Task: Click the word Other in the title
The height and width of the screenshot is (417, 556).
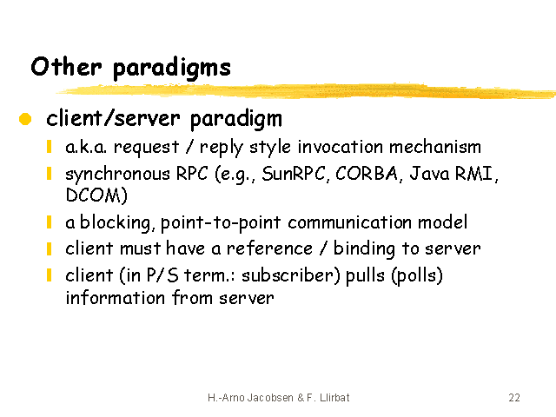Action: [66, 66]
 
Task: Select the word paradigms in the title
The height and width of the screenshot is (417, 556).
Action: [172, 69]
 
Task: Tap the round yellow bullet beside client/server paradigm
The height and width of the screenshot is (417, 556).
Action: [25, 119]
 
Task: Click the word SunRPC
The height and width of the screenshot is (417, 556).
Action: [293, 174]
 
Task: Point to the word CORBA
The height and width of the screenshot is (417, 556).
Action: [367, 174]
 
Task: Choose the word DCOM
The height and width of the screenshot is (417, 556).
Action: [93, 195]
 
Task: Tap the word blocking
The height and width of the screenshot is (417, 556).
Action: [116, 223]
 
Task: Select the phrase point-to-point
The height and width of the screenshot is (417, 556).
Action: [221, 223]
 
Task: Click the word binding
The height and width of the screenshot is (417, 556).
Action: [364, 249]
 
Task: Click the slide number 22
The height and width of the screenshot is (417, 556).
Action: [514, 398]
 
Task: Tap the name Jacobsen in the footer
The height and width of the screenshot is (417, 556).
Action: [270, 398]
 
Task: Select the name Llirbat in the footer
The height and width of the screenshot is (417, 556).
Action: [334, 398]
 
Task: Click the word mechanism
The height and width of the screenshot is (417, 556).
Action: [434, 147]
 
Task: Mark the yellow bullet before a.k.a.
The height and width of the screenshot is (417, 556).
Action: [50, 147]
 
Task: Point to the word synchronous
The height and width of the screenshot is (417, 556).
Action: [118, 175]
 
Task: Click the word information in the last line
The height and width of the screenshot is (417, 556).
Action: [116, 297]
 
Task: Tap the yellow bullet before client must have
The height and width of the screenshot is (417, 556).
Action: [50, 248]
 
